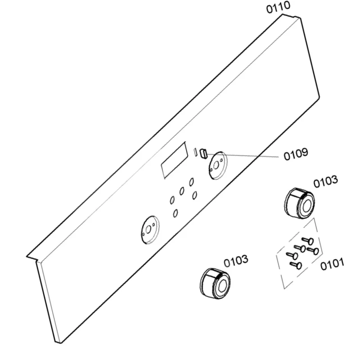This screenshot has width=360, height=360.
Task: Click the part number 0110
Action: pyautogui.click(x=278, y=7)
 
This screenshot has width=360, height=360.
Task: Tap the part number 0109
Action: pyautogui.click(x=296, y=154)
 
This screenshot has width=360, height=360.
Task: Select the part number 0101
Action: pyautogui.click(x=332, y=264)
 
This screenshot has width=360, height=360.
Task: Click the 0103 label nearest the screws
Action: pyautogui.click(x=325, y=182)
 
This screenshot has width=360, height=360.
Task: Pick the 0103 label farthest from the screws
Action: pyautogui.click(x=236, y=261)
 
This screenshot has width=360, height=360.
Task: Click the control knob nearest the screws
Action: pyautogui.click(x=299, y=203)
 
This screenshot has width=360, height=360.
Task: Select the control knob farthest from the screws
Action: pyautogui.click(x=215, y=283)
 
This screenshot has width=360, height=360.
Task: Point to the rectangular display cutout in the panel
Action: pyautogui.click(x=174, y=160)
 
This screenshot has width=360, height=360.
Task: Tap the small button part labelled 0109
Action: pyautogui.click(x=203, y=153)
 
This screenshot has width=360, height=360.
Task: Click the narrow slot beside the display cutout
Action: pyautogui.click(x=195, y=152)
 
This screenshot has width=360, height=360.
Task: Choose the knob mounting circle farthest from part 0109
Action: pyautogui.click(x=150, y=230)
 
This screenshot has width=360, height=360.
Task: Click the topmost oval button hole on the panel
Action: pyautogui.click(x=191, y=182)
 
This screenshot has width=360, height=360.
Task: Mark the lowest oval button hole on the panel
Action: pyautogui.click(x=175, y=213)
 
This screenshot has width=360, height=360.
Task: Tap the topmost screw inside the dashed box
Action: pyautogui.click(x=308, y=241)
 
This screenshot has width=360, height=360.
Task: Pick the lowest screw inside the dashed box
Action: pyautogui.click(x=296, y=265)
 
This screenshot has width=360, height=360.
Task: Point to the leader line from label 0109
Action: pyautogui.click(x=243, y=155)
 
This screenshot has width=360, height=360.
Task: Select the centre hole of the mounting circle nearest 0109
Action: pyautogui.click(x=216, y=166)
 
